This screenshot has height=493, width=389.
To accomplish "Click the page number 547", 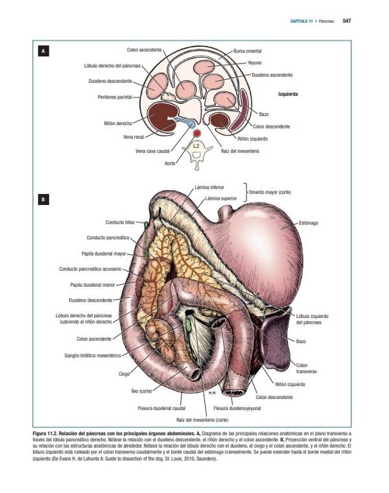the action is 347,21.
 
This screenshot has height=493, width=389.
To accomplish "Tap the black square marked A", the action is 43,51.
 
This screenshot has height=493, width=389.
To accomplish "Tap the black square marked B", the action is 43,199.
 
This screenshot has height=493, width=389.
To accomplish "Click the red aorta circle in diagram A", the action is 197,134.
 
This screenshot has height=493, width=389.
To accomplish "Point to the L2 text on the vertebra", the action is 196,146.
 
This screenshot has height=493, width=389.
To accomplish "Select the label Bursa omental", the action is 247,51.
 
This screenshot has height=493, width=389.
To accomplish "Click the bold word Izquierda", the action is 288,94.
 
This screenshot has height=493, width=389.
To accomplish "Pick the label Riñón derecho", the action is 118,123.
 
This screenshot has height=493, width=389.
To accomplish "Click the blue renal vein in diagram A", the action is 185,121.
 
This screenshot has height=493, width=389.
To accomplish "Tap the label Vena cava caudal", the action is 152,151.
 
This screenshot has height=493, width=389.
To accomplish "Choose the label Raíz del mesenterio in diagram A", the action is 240,151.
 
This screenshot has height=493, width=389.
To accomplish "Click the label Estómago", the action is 308,223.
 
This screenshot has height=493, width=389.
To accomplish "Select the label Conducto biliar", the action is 120,222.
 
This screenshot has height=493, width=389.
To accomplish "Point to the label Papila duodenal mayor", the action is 104,254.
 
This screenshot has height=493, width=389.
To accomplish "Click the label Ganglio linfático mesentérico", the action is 93,355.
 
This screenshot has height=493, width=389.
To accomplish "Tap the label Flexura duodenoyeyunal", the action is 237,408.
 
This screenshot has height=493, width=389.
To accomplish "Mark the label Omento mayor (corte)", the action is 270,192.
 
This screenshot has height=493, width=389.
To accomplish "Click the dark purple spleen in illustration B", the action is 276,341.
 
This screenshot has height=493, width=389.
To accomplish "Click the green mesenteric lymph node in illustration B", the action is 189,326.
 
